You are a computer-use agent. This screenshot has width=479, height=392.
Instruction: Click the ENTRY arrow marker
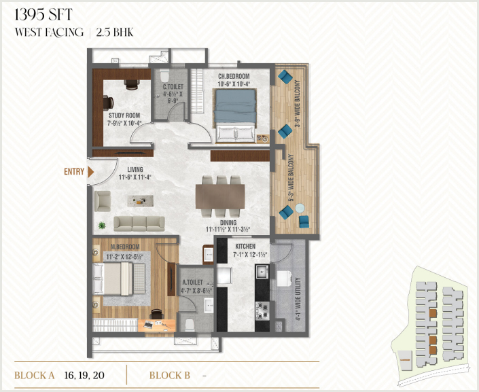coord(90,172)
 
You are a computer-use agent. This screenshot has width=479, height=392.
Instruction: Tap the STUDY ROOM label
coord(124,115)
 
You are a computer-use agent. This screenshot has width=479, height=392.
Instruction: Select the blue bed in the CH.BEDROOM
coord(235,115)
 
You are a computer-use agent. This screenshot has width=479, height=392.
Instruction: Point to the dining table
coord(220,196)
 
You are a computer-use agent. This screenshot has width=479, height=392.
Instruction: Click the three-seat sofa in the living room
coord(139,224)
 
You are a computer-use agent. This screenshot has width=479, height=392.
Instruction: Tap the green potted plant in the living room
coord(102,226)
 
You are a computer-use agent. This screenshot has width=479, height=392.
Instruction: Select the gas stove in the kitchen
coord(262,311)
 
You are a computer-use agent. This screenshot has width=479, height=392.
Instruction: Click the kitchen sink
coord(262,272)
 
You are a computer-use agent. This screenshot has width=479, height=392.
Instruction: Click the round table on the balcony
coord(300,208)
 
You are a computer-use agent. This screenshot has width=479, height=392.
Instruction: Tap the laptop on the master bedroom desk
coord(149,325)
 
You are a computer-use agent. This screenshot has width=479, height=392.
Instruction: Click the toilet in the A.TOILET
coord(190,325)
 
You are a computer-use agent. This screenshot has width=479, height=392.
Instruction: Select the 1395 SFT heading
coord(43,15)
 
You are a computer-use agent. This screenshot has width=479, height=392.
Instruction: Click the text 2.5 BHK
coord(115,32)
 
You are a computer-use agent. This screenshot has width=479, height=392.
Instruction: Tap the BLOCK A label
coord(34,375)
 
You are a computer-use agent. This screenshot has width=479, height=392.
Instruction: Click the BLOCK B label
coord(170,375)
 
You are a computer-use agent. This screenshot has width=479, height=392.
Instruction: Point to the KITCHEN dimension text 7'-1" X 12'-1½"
coord(250,254)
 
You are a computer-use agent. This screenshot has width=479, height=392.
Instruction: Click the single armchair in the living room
coord(103,201)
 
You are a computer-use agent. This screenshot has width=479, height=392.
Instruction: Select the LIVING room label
coord(135,170)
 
